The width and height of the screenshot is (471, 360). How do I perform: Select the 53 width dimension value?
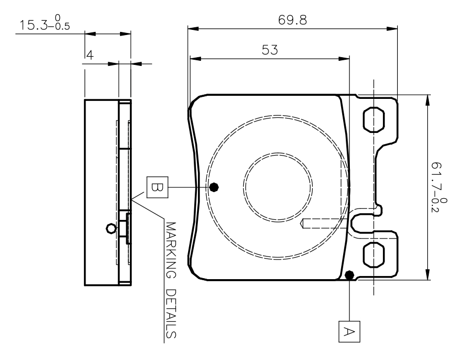270,50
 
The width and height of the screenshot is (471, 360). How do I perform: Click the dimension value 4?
89,56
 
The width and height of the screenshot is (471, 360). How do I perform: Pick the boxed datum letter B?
157,186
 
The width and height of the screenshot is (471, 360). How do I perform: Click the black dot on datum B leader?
214,186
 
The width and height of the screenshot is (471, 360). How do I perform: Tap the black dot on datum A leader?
350,275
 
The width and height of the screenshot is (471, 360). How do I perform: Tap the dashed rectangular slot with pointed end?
325,224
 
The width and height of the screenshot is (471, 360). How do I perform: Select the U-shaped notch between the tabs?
361,222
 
